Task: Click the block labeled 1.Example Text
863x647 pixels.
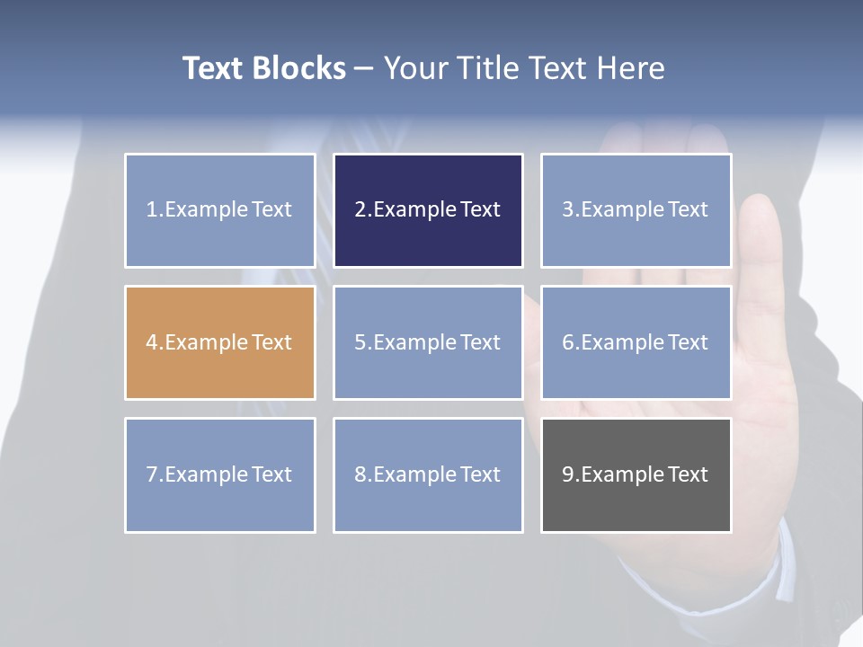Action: click(x=219, y=210)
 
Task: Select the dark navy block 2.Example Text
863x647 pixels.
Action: click(x=428, y=210)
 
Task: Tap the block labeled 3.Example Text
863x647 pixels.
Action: click(x=636, y=210)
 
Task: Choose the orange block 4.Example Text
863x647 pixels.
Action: click(x=219, y=342)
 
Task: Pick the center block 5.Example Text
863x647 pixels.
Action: click(x=428, y=342)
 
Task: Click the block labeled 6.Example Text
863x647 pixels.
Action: click(x=636, y=342)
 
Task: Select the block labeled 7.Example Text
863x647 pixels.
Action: click(x=219, y=474)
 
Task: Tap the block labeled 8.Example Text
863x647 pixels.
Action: click(x=428, y=474)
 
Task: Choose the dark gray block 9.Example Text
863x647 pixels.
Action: click(x=636, y=474)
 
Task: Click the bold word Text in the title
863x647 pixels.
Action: click(x=213, y=68)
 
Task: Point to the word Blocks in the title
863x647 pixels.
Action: click(x=298, y=68)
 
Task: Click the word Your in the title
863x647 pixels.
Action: click(x=414, y=68)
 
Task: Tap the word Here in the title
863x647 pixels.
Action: click(x=631, y=68)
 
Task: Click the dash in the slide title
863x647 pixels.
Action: click(x=364, y=69)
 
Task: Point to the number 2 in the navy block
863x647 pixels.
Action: click(x=360, y=210)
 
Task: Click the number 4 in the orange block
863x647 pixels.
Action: click(x=152, y=342)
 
